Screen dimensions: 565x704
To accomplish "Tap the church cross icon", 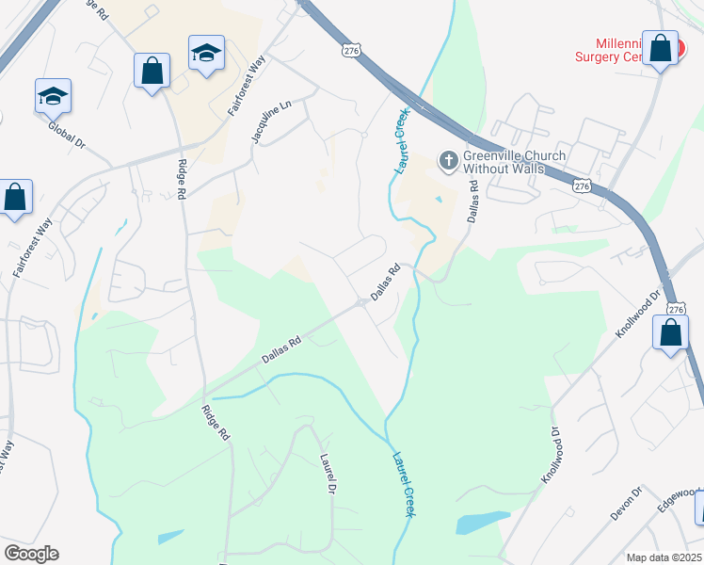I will click(x=448, y=162).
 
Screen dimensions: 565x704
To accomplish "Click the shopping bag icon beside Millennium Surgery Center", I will click(x=660, y=48).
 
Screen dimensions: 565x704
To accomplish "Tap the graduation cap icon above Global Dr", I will click(x=54, y=96).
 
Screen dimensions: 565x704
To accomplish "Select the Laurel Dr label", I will click(x=328, y=475).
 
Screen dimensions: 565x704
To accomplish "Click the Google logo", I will click(x=31, y=554).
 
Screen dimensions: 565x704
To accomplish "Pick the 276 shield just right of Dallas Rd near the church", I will click(x=582, y=187).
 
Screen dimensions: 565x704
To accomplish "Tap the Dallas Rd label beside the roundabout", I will click(x=385, y=282).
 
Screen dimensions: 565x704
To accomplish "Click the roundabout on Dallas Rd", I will click(x=362, y=302).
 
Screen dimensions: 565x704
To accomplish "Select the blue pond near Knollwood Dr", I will click(x=482, y=521).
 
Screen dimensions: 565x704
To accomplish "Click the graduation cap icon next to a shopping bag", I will click(x=206, y=53).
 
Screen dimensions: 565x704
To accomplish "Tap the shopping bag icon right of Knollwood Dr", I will click(x=670, y=334).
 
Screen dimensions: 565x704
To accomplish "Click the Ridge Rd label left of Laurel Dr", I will click(x=216, y=423).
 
